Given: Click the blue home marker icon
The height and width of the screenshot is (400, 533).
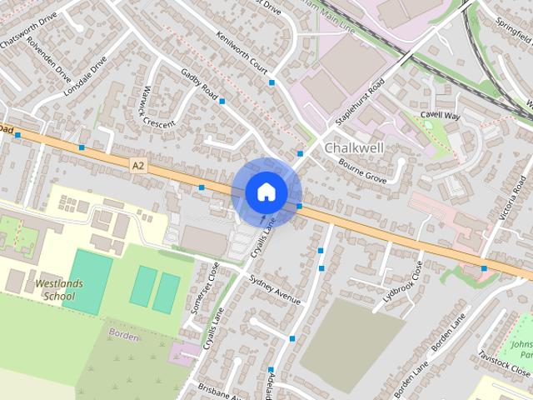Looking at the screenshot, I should click(x=266, y=192).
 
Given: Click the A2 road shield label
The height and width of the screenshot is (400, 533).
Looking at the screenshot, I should click(x=138, y=166).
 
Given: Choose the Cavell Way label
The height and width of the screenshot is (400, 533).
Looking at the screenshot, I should click(x=440, y=116).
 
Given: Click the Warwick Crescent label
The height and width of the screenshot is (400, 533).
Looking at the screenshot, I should click(x=158, y=107).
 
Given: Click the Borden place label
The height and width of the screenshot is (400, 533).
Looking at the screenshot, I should click(x=123, y=333).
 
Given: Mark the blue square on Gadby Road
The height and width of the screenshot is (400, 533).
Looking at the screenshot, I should click(x=222, y=101).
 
